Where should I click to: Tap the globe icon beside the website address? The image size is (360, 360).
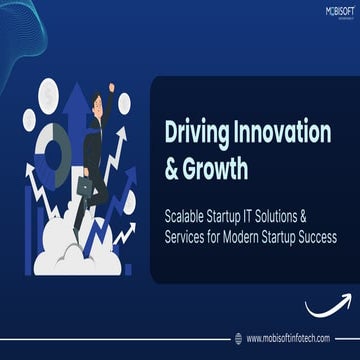237,337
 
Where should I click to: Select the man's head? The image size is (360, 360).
99,102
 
